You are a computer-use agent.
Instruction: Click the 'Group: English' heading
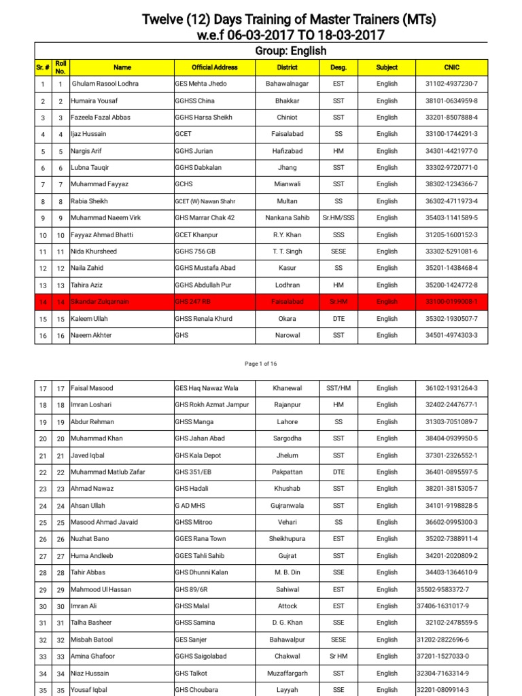click(x=290, y=51)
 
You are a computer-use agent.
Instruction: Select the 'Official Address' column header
click(x=215, y=67)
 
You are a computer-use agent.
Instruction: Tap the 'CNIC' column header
click(x=451, y=67)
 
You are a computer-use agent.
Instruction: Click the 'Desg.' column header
click(x=338, y=67)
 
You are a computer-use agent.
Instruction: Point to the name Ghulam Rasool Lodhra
click(x=105, y=84)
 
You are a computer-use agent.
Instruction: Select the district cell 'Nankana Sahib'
click(x=288, y=218)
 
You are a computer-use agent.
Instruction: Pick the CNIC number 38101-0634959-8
click(x=451, y=101)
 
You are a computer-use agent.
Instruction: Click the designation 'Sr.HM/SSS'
click(x=338, y=218)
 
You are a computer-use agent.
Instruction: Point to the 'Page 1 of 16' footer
click(x=261, y=364)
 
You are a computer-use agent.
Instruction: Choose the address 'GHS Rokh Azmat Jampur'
click(x=212, y=405)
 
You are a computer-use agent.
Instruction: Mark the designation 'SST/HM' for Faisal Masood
click(x=338, y=388)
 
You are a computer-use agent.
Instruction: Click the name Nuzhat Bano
click(x=90, y=539)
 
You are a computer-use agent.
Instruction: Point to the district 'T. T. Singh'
click(x=288, y=251)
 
